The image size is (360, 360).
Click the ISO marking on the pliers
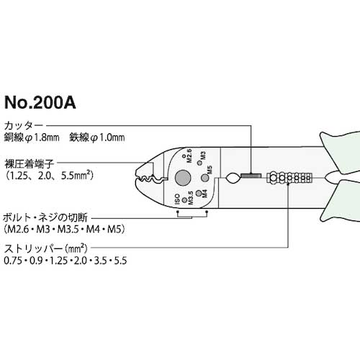point(176,198)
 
